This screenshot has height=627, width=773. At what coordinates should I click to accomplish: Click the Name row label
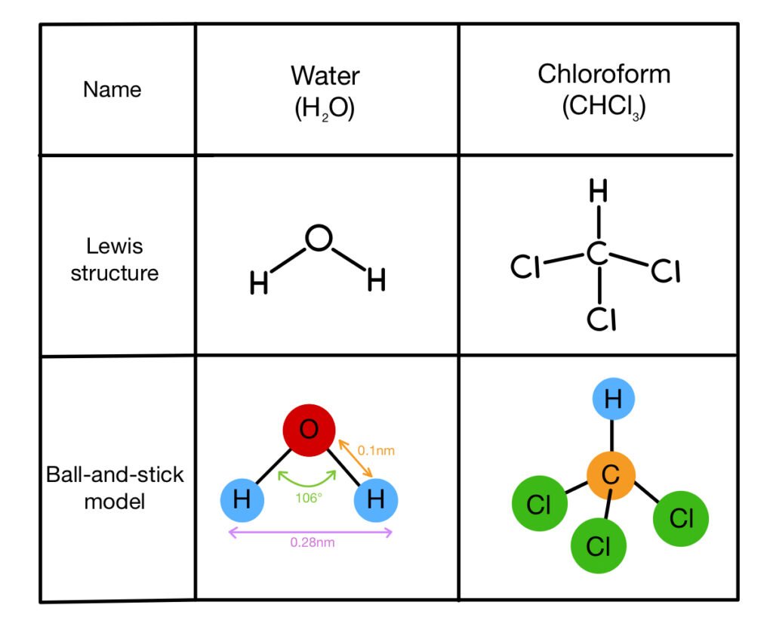tap(112, 90)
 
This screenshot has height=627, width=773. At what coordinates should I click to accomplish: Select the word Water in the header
tap(325, 76)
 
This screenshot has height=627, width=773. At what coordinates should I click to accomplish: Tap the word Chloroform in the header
tap(603, 74)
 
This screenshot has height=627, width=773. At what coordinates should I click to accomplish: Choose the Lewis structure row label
tap(115, 259)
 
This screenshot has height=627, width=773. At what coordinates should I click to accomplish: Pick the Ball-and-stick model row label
tap(115, 488)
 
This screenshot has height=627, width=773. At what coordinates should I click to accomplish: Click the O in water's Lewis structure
tap(318, 239)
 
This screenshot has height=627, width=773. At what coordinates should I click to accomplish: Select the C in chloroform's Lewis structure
tap(597, 255)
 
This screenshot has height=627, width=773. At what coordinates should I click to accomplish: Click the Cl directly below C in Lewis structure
tap(602, 320)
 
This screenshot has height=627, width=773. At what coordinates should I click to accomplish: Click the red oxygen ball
tap(310, 431)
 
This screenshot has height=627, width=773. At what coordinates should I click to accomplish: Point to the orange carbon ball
tap(611, 476)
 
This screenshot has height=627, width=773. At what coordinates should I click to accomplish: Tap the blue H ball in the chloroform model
tap(612, 400)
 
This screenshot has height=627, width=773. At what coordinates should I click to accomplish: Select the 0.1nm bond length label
tap(376, 450)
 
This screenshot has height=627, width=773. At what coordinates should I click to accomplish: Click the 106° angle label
tap(310, 499)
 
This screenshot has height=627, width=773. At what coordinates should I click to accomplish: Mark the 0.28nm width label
tap(311, 542)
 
